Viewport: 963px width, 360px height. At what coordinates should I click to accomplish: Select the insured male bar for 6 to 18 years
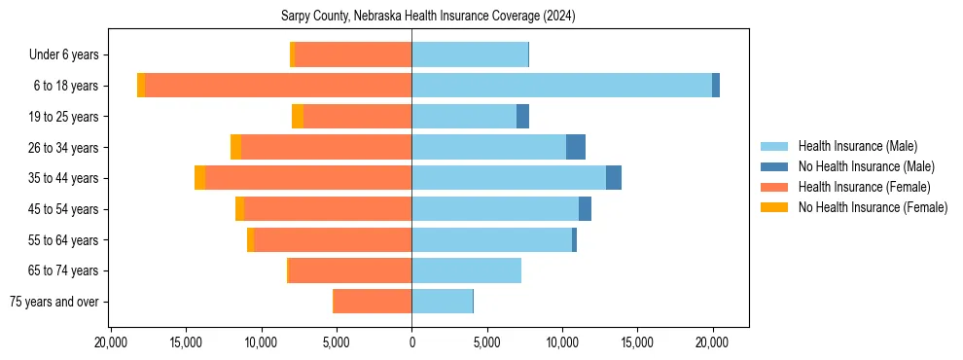(x=561, y=86)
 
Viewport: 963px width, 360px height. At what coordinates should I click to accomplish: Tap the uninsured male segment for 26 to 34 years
(x=576, y=147)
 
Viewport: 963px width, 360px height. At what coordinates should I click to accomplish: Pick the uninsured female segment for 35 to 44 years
(x=199, y=178)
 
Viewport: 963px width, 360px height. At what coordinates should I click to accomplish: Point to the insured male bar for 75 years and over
(x=442, y=302)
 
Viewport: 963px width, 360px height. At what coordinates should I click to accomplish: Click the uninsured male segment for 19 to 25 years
(x=522, y=117)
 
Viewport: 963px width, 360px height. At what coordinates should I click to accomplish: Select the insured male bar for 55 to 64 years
(x=491, y=239)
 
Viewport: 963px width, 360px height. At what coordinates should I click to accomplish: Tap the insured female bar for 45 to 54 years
(x=328, y=209)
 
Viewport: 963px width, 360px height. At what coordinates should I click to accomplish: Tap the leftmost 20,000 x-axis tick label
(x=111, y=342)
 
